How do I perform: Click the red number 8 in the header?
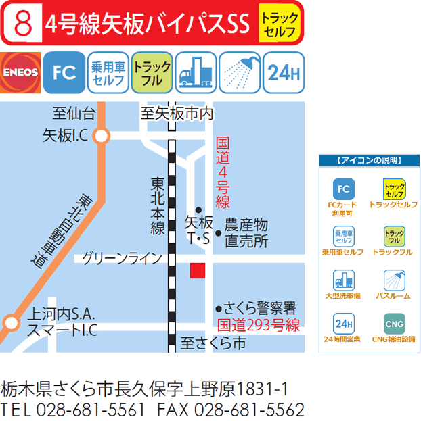click(22, 24)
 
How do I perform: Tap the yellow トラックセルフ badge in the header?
click(278, 24)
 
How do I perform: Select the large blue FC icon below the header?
click(64, 73)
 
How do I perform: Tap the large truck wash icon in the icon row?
click(196, 73)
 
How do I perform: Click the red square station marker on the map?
click(197, 270)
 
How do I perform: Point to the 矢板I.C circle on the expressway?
click(102, 136)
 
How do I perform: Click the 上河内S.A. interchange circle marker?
click(11, 322)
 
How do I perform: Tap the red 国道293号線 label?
click(257, 324)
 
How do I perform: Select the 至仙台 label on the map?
click(74, 113)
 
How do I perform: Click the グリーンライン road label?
click(122, 257)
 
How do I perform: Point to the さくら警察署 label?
click(260, 309)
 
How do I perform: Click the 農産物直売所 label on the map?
click(246, 231)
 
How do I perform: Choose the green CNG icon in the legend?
click(394, 322)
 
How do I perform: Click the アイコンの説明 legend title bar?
click(369, 160)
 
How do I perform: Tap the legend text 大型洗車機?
click(342, 295)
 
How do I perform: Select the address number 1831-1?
click(265, 389)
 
